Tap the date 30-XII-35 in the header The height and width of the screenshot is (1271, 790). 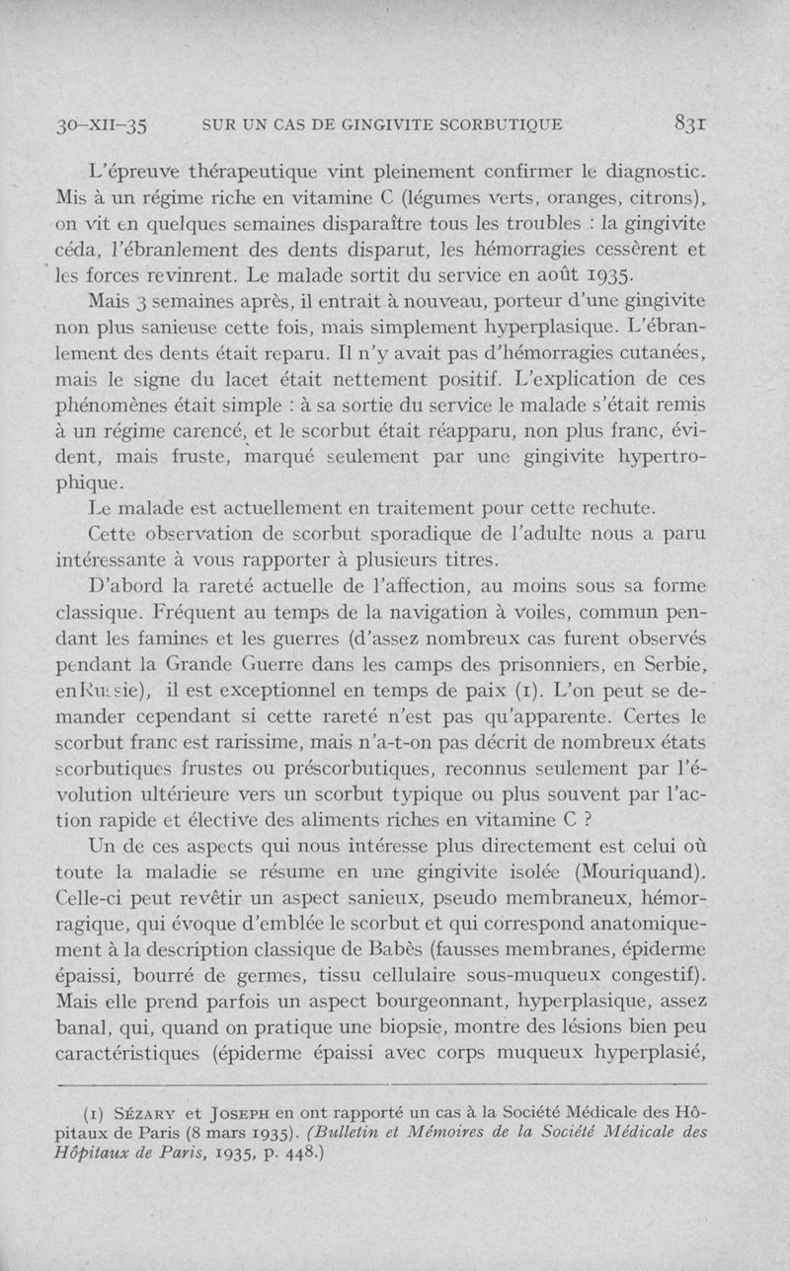pos(101,125)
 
